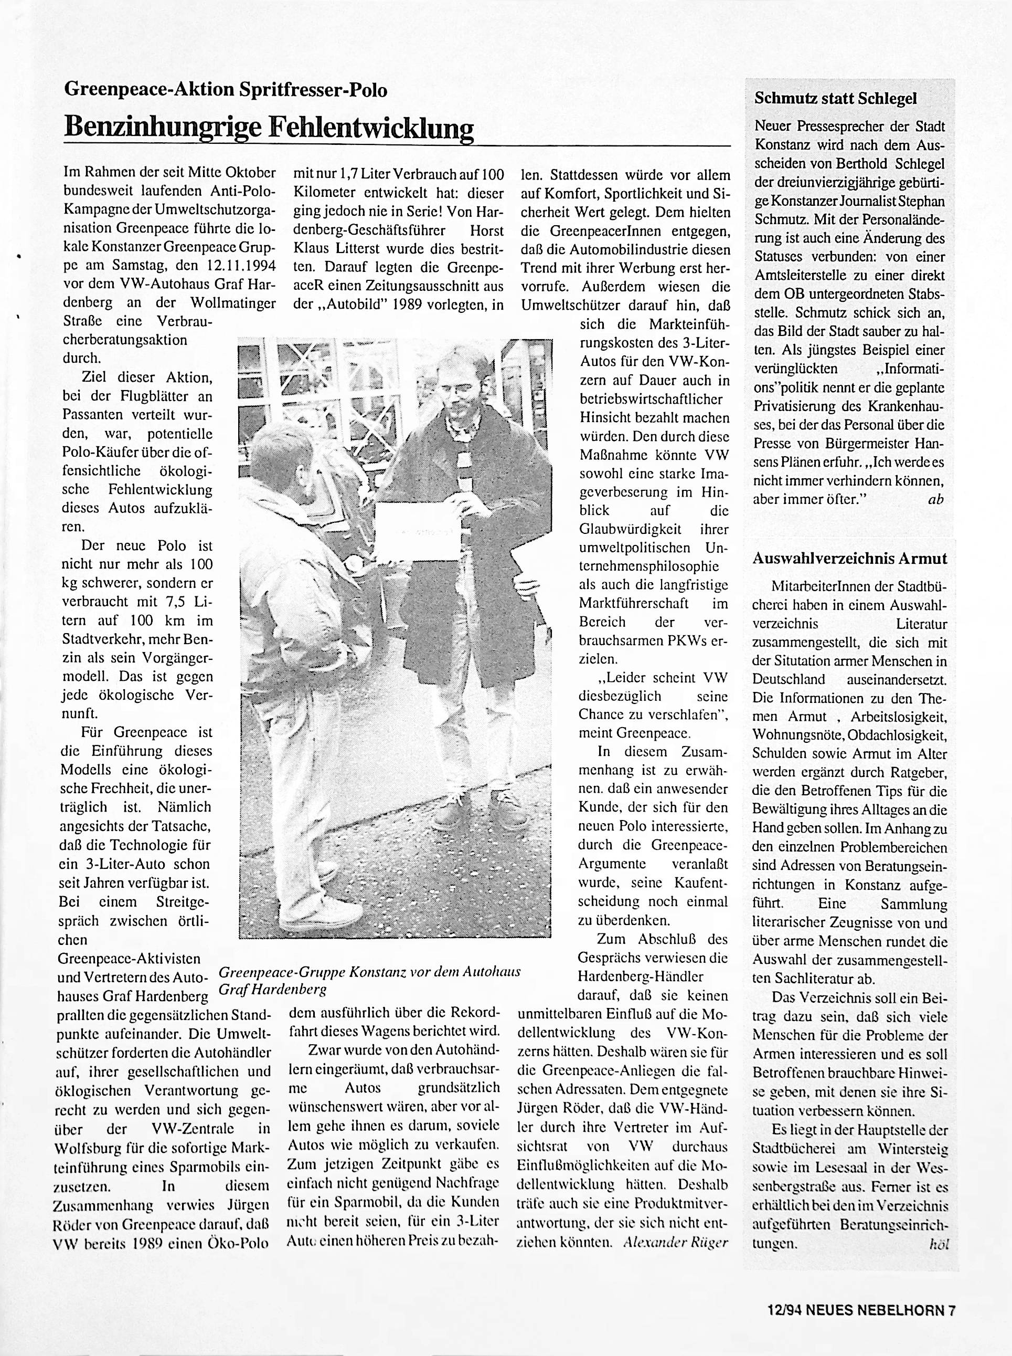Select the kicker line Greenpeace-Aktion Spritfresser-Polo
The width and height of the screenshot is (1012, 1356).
(226, 90)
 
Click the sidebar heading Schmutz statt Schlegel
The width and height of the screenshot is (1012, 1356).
(836, 98)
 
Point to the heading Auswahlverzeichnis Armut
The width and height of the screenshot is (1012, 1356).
(850, 559)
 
